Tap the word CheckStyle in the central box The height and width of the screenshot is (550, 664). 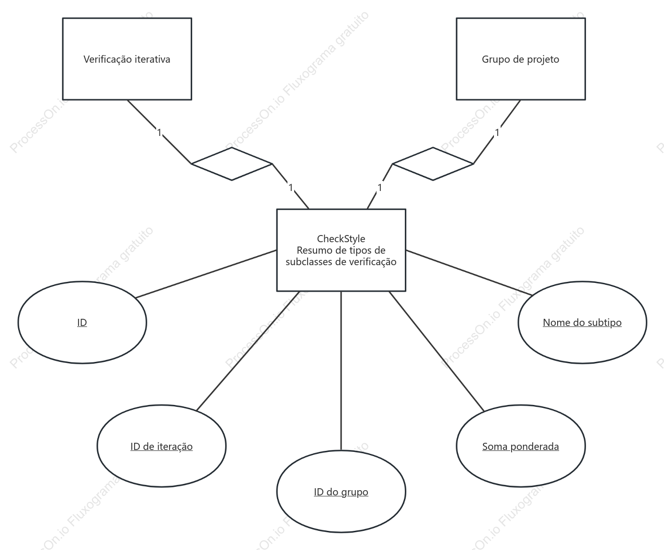[x=341, y=238]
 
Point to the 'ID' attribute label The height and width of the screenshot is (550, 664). [x=82, y=323]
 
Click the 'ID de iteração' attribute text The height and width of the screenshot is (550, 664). [x=161, y=447]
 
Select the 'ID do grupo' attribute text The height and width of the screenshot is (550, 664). [x=341, y=492]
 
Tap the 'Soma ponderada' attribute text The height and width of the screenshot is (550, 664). [x=521, y=447]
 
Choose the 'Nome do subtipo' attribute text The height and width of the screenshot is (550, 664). [x=582, y=323]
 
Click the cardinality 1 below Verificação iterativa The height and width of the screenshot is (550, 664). [x=160, y=133]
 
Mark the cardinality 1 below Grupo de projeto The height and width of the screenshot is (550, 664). [x=497, y=133]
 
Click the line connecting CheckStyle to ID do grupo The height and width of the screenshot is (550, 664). [x=341, y=370]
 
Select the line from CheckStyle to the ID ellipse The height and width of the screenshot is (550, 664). [x=206, y=274]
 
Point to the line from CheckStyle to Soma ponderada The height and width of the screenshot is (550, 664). [x=436, y=351]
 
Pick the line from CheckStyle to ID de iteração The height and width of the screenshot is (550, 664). [x=248, y=351]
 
